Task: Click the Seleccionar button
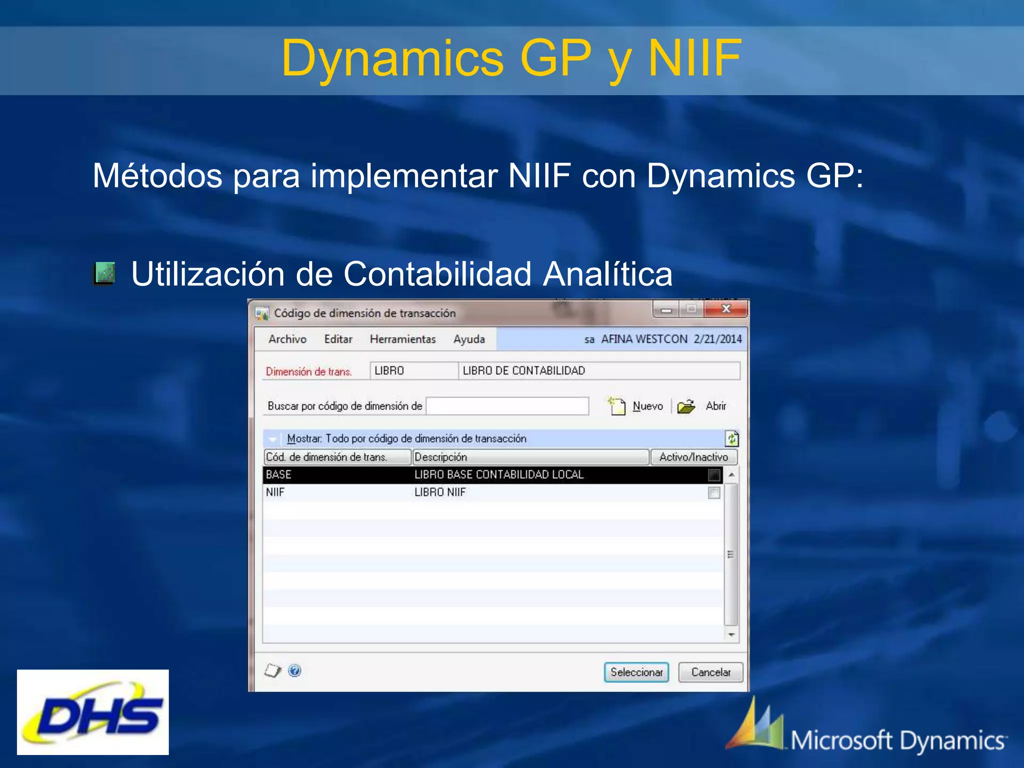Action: [x=636, y=672]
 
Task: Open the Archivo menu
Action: [x=287, y=339]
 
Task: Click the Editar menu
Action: [x=338, y=339]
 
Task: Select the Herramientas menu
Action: [x=402, y=339]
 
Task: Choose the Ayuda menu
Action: [x=469, y=339]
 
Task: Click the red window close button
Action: [x=726, y=309]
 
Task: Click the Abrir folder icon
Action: [x=686, y=406]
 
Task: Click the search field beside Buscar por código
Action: [x=507, y=406]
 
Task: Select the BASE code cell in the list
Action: [x=278, y=474]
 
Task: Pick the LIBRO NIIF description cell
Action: [x=439, y=492]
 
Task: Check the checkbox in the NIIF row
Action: [x=714, y=492]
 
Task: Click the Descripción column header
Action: [x=530, y=457]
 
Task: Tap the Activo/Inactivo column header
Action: [x=693, y=457]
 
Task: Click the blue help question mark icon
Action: [x=295, y=670]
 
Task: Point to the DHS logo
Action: [x=93, y=712]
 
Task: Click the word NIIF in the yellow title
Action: [x=694, y=58]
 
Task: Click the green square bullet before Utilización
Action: [x=104, y=273]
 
